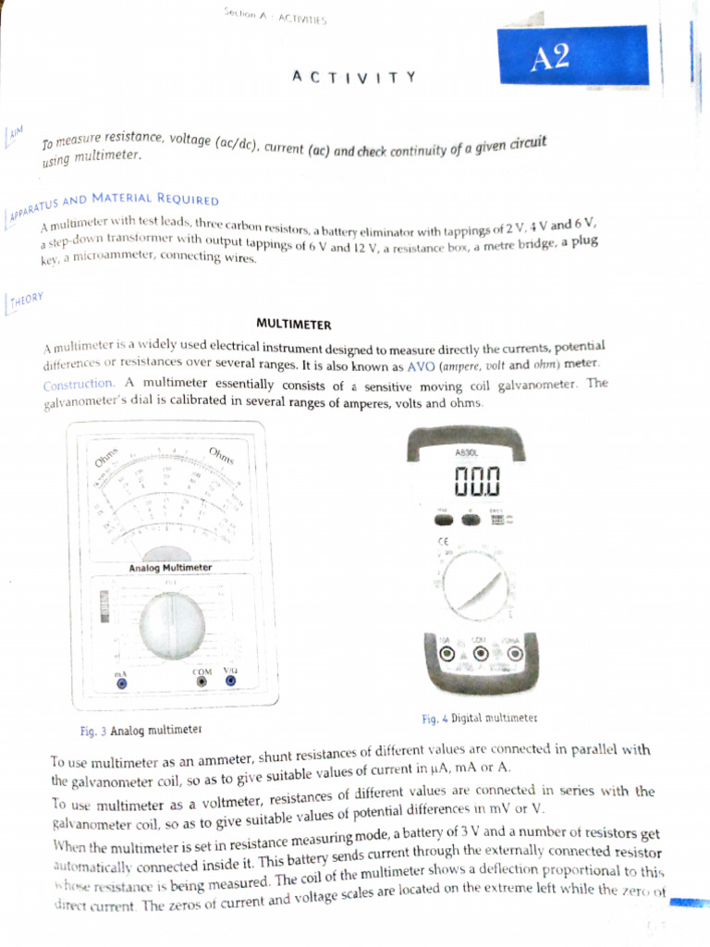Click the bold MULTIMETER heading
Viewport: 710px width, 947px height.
[x=293, y=325]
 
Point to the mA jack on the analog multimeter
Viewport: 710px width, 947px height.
[x=120, y=683]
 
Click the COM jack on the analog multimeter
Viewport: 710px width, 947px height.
[x=202, y=682]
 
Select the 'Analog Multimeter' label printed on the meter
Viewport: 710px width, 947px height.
[x=170, y=567]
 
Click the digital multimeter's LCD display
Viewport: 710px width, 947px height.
[x=476, y=481]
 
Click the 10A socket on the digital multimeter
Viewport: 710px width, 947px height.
[x=447, y=654]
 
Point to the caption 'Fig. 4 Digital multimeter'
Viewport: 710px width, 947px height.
[x=479, y=719]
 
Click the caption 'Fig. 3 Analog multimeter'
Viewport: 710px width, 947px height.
[x=141, y=731]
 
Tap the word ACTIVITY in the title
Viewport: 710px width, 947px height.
[x=354, y=77]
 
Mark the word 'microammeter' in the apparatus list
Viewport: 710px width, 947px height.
[x=110, y=255]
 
